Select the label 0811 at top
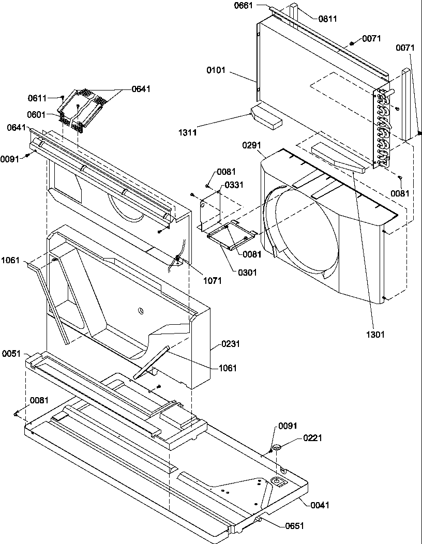point(328,19)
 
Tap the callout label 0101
point(216,70)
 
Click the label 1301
point(375,335)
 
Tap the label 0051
point(11,354)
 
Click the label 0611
point(37,98)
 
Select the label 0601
point(37,115)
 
